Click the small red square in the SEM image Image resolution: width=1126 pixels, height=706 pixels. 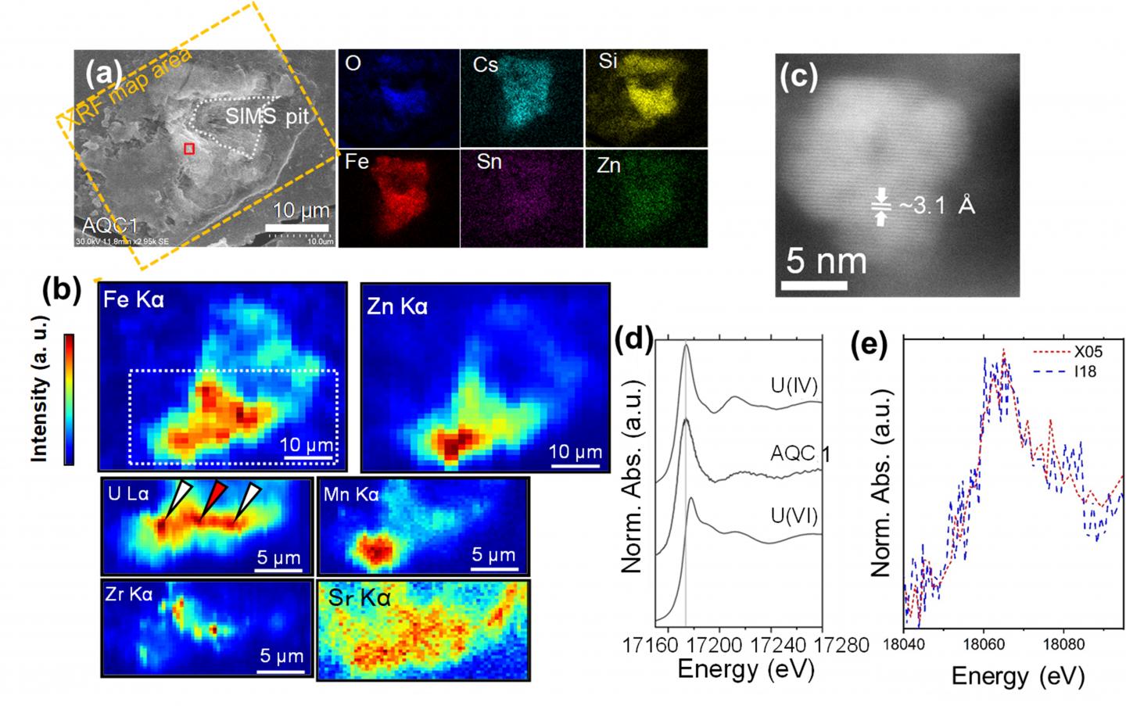tap(188, 149)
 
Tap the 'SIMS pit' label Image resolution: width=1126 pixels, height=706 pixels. tap(267, 117)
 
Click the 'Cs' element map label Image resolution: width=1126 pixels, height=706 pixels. tap(485, 64)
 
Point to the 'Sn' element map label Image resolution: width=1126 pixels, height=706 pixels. tap(489, 162)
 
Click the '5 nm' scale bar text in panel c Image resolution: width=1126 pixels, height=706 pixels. tap(826, 260)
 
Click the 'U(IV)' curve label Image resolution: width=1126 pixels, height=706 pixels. tap(794, 385)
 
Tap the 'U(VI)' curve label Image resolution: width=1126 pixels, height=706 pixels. tap(794, 516)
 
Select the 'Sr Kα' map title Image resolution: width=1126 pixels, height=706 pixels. tap(359, 598)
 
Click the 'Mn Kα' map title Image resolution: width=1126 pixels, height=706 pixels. tap(351, 494)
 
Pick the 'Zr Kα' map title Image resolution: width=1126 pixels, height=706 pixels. tap(129, 594)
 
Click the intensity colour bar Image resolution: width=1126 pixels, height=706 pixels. tap(69, 400)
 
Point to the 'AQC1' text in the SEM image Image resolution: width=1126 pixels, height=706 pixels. tap(109, 225)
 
